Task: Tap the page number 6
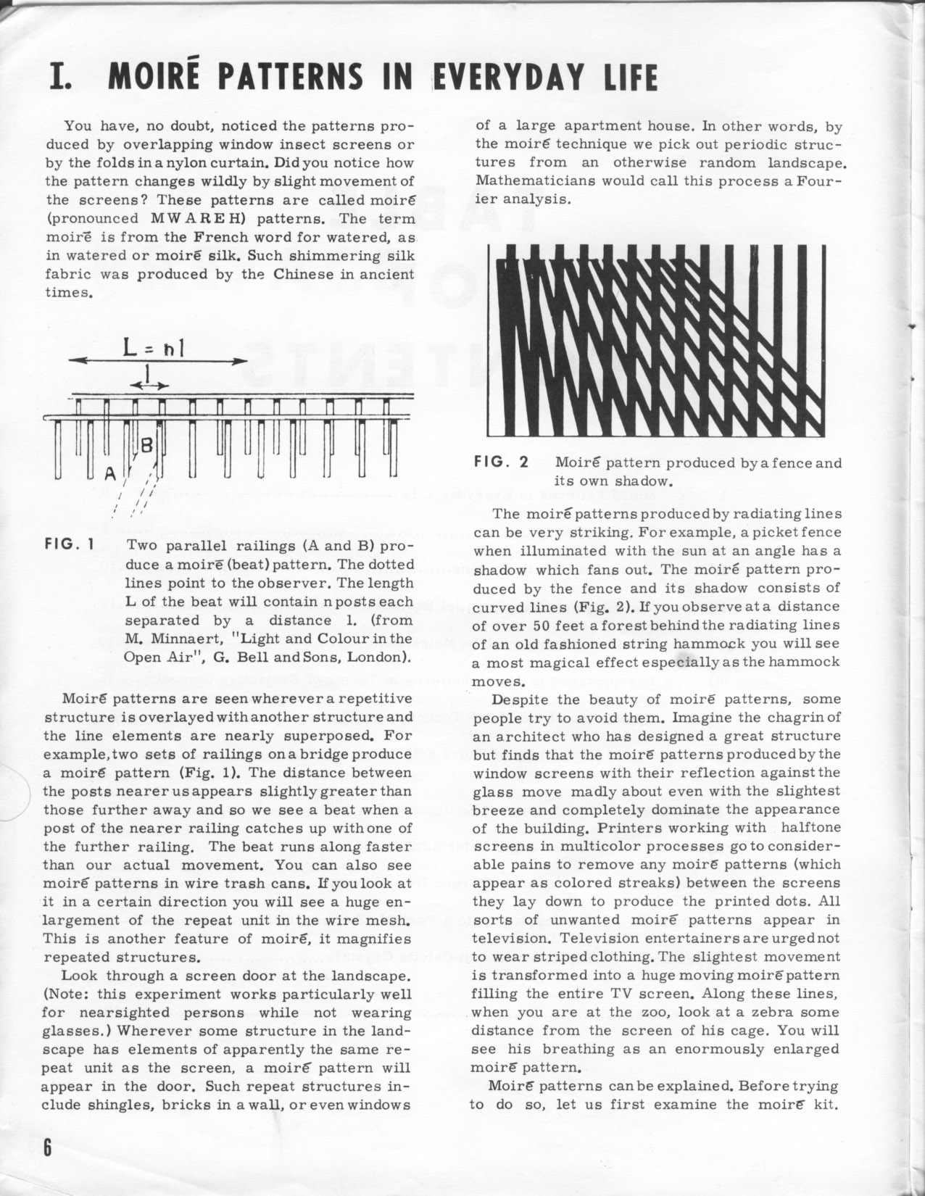click(48, 1149)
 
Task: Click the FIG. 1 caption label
click(68, 545)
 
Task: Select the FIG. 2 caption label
click(501, 462)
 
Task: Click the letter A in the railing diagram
click(110, 474)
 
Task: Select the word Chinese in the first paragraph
click(304, 274)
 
